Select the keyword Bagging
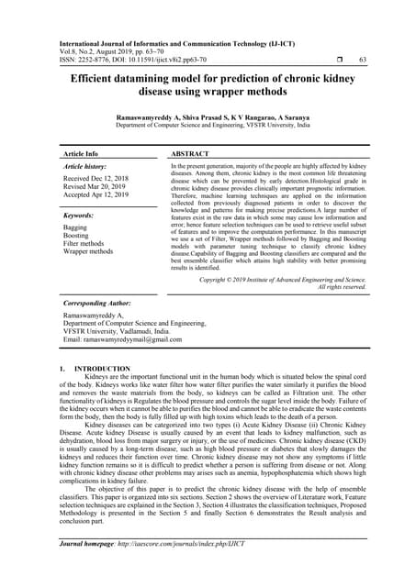[75, 227]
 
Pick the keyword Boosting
[76, 235]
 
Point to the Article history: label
[89, 168]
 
